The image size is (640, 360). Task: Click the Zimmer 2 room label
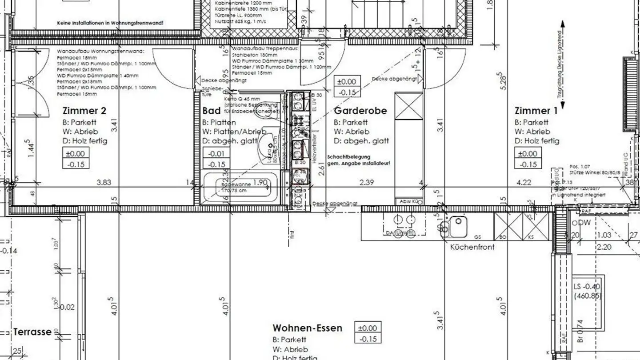84,111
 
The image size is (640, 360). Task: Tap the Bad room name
212,111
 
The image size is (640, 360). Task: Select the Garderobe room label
360,111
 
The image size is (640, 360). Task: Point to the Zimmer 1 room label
536,111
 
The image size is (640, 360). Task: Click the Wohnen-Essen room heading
308,328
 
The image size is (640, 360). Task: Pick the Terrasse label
32,332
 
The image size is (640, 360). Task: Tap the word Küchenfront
472,247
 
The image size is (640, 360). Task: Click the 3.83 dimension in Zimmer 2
104,182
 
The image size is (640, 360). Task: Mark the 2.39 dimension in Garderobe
367,182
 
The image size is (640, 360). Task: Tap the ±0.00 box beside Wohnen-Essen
368,328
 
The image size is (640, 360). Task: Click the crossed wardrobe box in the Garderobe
409,106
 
